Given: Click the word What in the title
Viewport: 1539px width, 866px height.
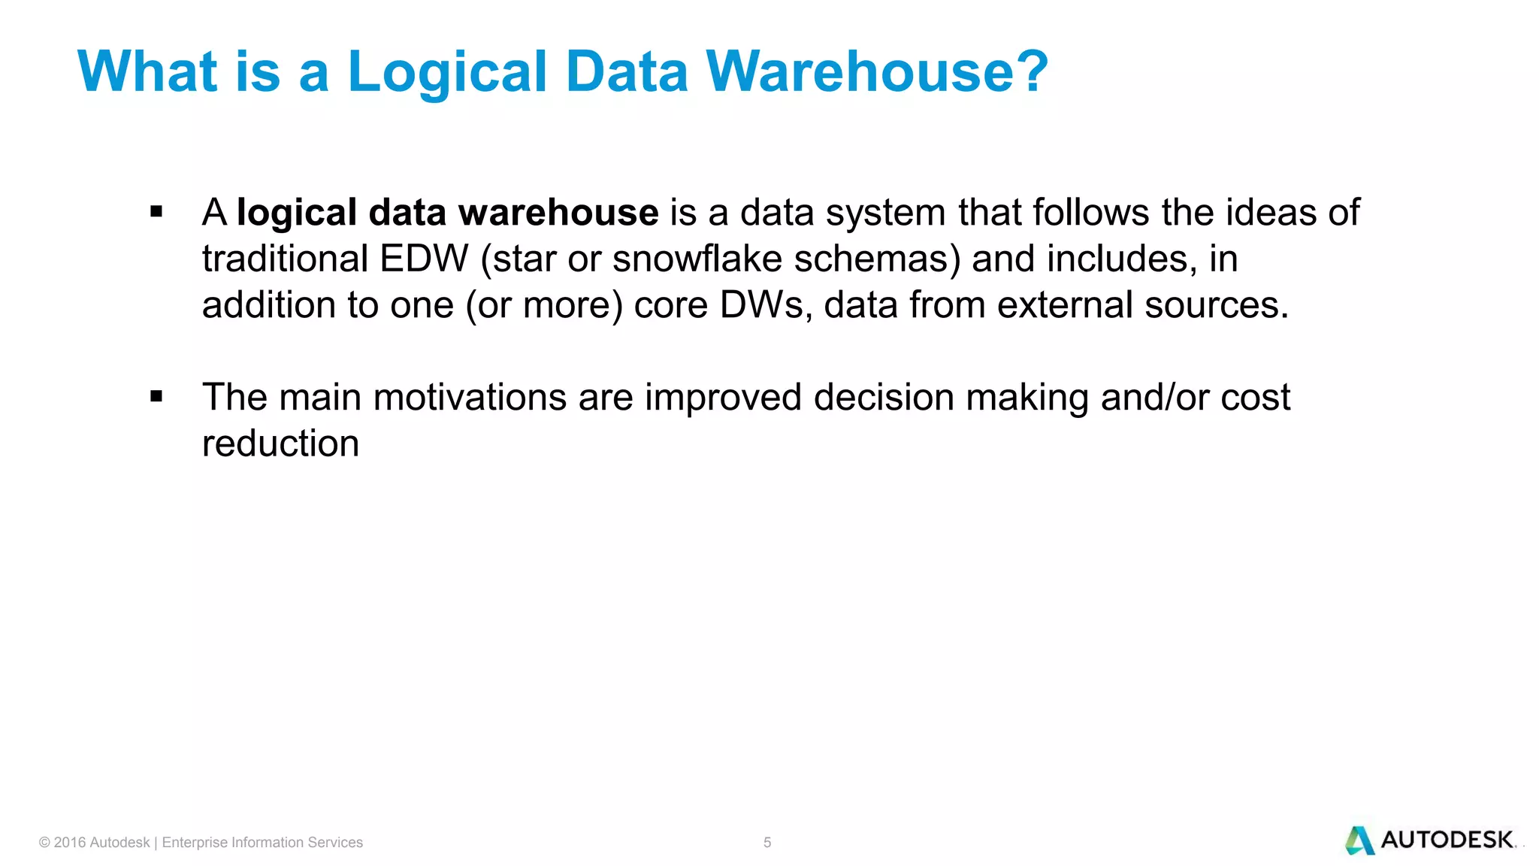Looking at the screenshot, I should point(147,71).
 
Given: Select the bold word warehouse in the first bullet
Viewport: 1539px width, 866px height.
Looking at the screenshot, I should point(558,213).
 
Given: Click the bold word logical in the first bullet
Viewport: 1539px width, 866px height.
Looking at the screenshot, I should point(296,213).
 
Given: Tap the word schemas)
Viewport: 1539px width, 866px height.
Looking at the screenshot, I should point(877,259).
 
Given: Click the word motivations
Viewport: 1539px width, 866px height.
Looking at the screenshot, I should point(470,397).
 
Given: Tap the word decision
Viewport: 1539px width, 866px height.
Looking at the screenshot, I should point(884,397).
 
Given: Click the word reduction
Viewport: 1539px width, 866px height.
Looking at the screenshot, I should point(280,444).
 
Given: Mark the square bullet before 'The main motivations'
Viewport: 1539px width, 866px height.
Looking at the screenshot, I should point(156,396).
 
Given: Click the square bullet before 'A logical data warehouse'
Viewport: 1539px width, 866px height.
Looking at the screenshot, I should point(156,212).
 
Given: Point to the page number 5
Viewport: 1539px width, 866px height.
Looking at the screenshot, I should point(767,843).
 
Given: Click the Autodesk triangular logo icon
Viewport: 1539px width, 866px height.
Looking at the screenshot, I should point(1359,840).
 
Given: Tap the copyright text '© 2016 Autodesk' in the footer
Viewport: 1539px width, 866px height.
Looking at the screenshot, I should point(95,843).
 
